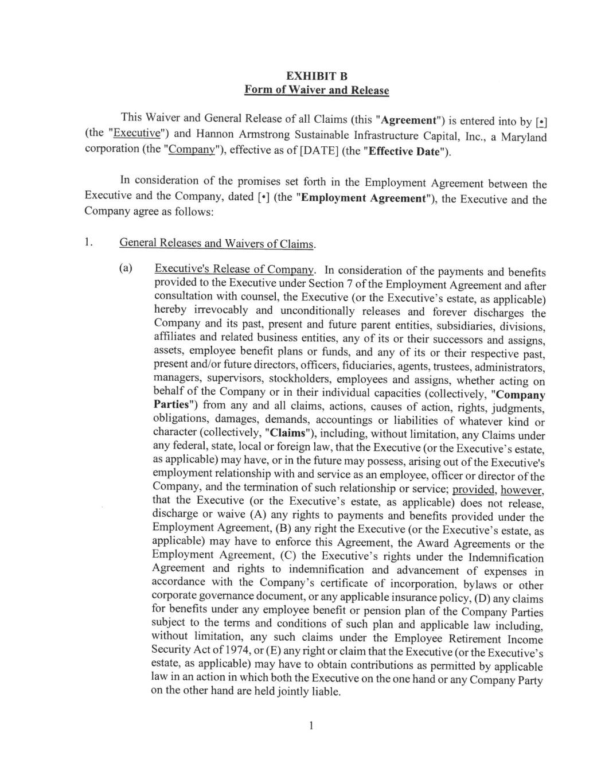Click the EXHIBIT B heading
tap(317, 76)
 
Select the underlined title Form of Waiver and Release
tap(317, 90)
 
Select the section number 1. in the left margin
tap(88, 241)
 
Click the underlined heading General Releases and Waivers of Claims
tap(217, 243)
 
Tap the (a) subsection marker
tap(126, 268)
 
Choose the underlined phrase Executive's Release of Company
tap(235, 269)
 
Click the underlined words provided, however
tap(498, 490)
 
